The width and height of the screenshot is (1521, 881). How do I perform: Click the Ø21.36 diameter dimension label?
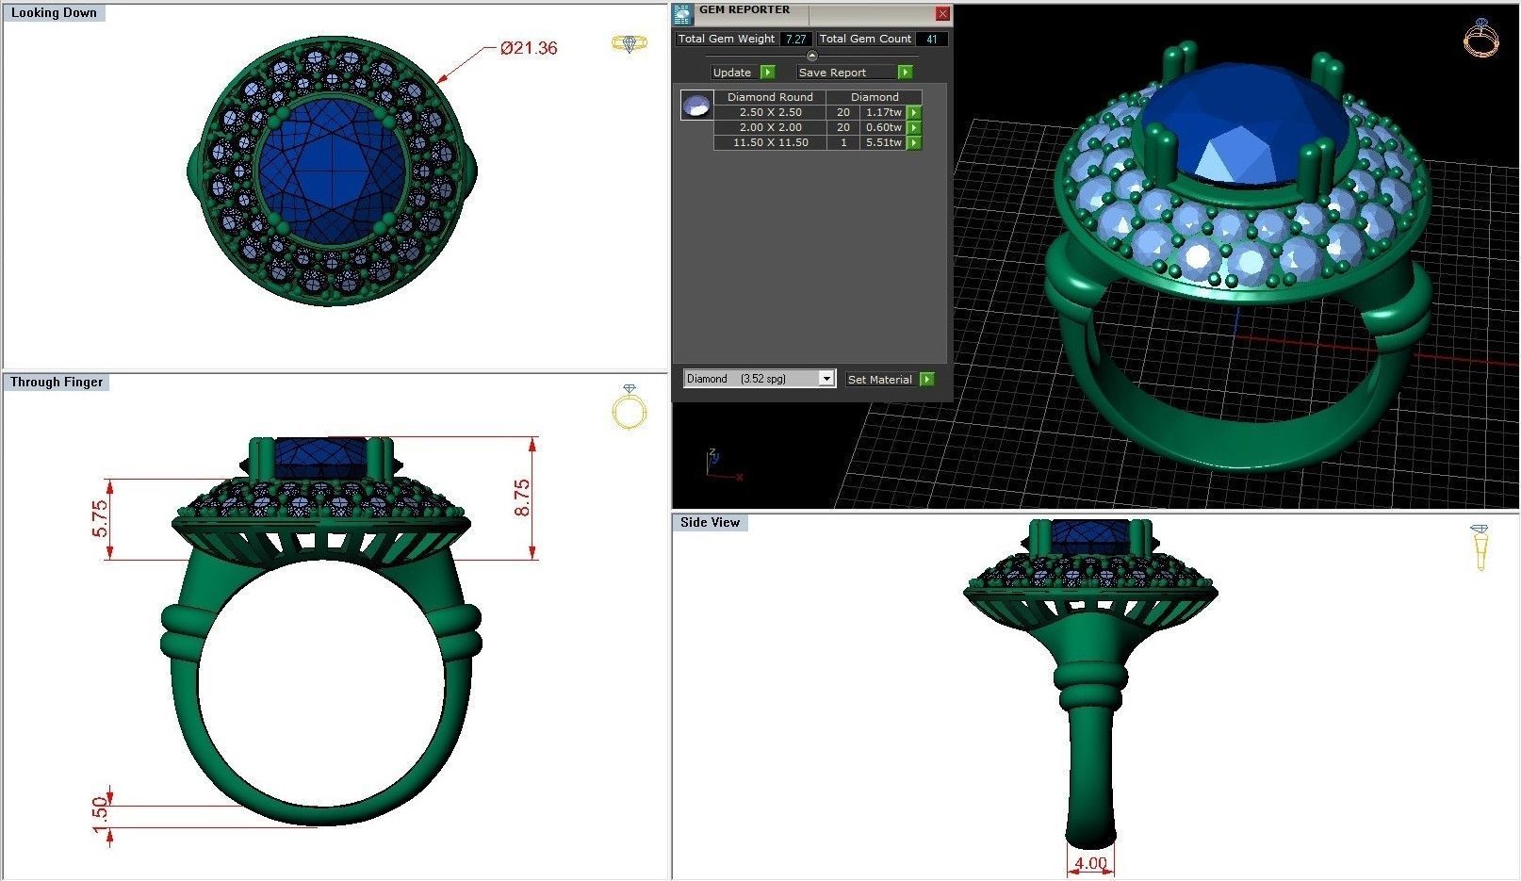(x=529, y=48)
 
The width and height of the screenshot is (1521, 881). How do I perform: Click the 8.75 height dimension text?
(x=522, y=498)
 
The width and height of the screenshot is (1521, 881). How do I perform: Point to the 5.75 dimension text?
(x=100, y=519)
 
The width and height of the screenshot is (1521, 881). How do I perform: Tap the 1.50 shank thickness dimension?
(x=100, y=815)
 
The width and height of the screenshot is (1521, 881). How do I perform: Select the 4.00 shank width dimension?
(x=1090, y=863)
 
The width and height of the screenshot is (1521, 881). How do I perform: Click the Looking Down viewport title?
(x=54, y=13)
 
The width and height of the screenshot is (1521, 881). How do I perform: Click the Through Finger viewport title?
(x=57, y=382)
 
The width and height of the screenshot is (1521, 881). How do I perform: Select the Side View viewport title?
(x=710, y=522)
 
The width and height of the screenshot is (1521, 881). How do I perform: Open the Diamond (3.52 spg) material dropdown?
(x=759, y=379)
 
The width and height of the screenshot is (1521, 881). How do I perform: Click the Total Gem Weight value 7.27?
(x=796, y=39)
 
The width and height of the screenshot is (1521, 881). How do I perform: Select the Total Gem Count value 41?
(x=931, y=39)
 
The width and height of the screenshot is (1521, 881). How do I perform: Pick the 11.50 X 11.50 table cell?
(x=770, y=142)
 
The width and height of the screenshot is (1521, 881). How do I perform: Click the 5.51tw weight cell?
(x=883, y=142)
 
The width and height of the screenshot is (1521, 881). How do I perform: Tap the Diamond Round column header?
(x=770, y=97)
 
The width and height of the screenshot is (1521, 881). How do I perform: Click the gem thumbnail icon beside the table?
(x=696, y=106)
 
